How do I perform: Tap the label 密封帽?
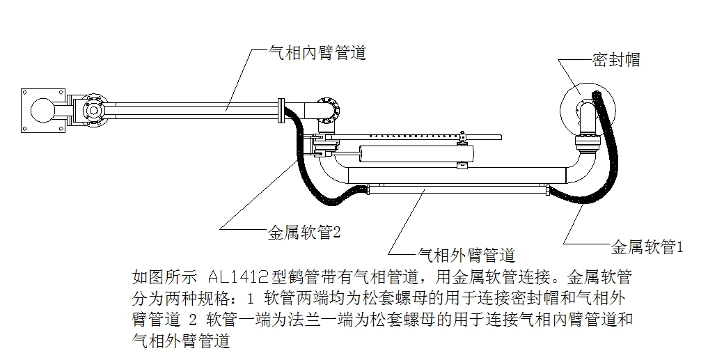(615, 61)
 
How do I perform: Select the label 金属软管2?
(304, 231)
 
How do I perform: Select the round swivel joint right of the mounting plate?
(91, 110)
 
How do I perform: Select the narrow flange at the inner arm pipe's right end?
(281, 110)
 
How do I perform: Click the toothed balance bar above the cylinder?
(404, 132)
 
